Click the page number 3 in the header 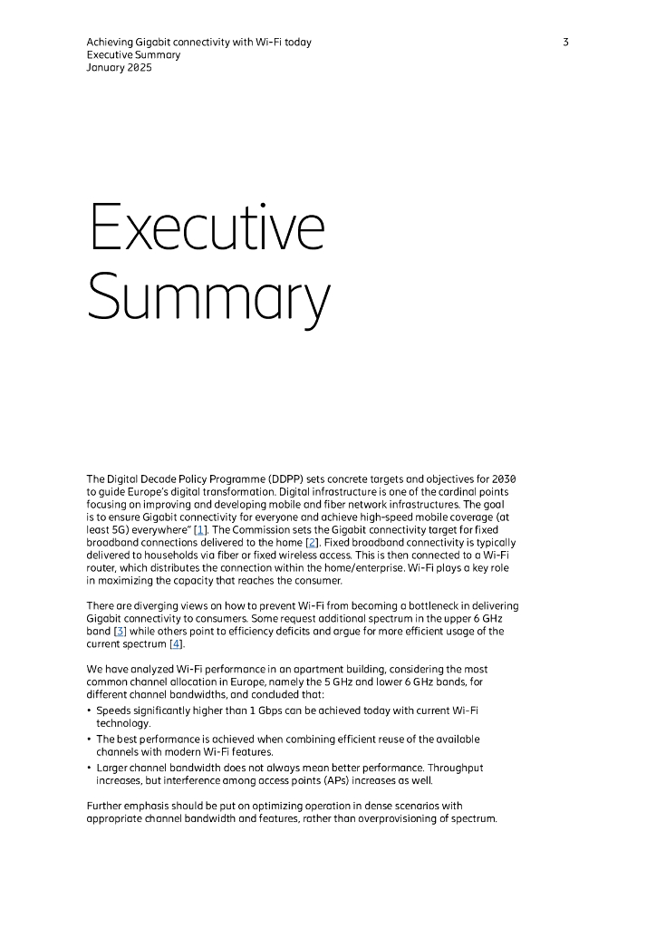pos(565,43)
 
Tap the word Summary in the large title pos(208,298)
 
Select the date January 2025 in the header pos(119,68)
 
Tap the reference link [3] pos(120,631)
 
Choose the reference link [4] pos(177,643)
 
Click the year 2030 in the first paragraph pos(504,478)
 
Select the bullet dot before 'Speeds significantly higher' pos(89,713)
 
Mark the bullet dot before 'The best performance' pos(89,739)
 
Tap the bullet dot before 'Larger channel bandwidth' pos(89,768)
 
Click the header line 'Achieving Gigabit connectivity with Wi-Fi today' pos(198,43)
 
